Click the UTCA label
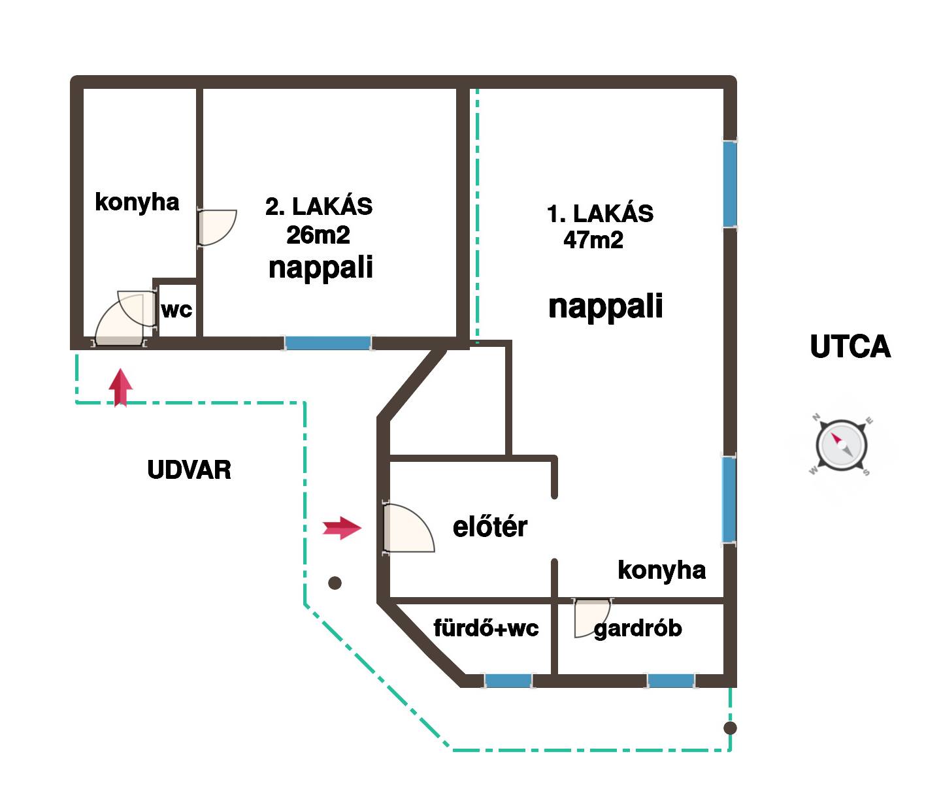pos(850,347)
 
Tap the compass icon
pos(842,447)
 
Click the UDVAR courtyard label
pos(189,470)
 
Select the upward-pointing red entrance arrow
pos(120,387)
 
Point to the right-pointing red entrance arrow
pos(342,527)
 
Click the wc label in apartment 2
pos(176,309)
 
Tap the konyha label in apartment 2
pos(137,202)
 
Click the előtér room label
pos(489,527)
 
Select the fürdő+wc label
pos(486,628)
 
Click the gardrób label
pos(638,628)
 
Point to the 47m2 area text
pos(593,240)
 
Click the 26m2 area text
pos(318,235)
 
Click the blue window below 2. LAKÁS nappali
pos(328,342)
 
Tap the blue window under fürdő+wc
pos(508,681)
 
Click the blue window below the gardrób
pos(670,681)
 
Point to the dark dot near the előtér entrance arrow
pos(335,583)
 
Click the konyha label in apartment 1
pos(661,570)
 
